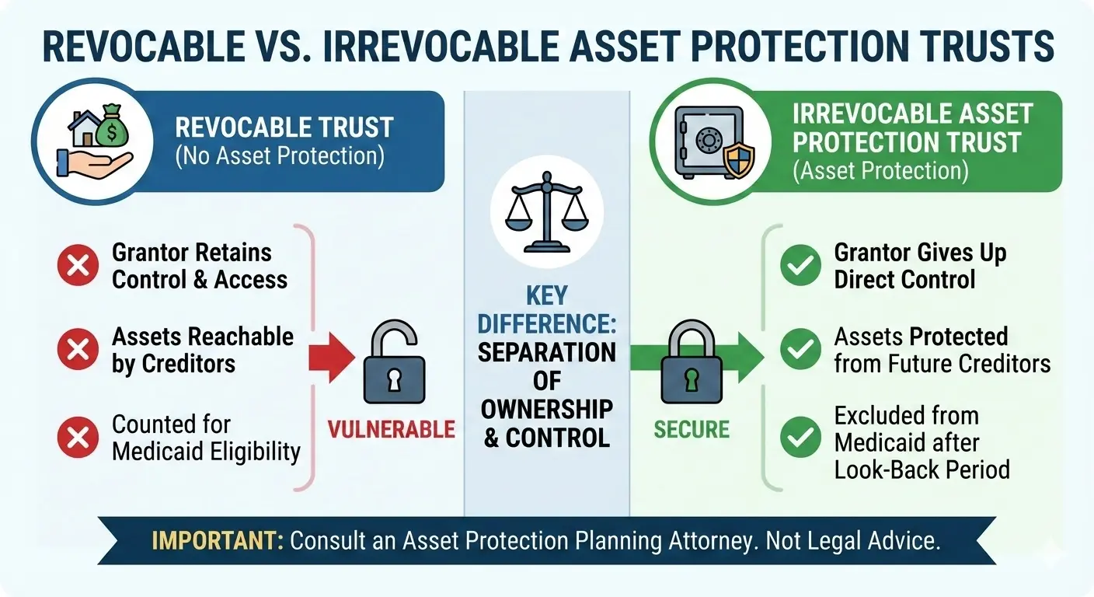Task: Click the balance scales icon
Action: (x=546, y=211)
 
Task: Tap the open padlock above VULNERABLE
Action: (x=394, y=362)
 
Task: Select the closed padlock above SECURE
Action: (x=691, y=362)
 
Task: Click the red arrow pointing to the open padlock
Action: (x=332, y=358)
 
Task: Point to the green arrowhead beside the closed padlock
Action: (x=750, y=358)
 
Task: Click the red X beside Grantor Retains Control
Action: (x=78, y=265)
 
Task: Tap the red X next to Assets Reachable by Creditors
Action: (x=78, y=349)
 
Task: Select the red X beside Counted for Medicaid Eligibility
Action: (x=78, y=437)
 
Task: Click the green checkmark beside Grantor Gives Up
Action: (x=800, y=265)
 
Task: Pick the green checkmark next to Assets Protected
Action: (x=800, y=349)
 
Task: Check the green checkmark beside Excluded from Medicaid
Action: (x=800, y=437)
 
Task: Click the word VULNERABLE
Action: (x=391, y=429)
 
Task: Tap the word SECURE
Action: (x=692, y=429)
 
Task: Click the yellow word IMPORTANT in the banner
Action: (x=218, y=541)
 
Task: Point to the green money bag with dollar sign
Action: (x=112, y=126)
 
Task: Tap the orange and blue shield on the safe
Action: (x=738, y=160)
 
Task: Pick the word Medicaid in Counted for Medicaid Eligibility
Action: (x=159, y=451)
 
